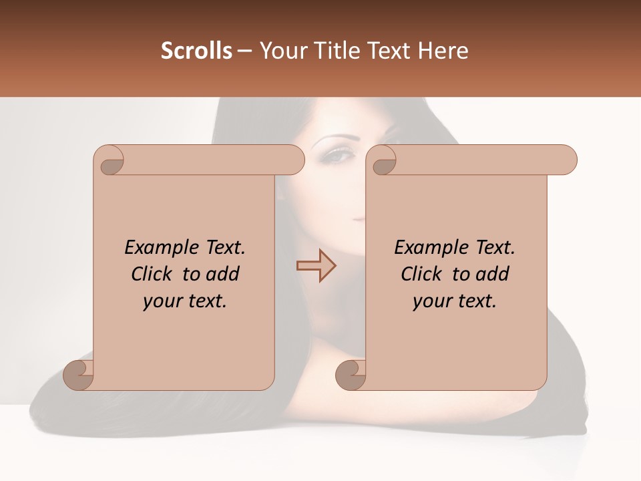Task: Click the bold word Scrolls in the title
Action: click(x=196, y=51)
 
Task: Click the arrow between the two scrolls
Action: click(x=316, y=265)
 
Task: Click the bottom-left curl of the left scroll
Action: click(x=77, y=374)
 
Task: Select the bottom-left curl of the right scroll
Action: click(x=350, y=374)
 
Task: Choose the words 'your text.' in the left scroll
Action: click(x=185, y=301)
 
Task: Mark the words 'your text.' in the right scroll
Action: click(x=455, y=301)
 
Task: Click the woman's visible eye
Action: click(x=340, y=156)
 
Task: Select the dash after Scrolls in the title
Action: click(x=244, y=51)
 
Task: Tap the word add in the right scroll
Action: click(x=493, y=274)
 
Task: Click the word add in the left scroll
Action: click(x=223, y=274)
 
